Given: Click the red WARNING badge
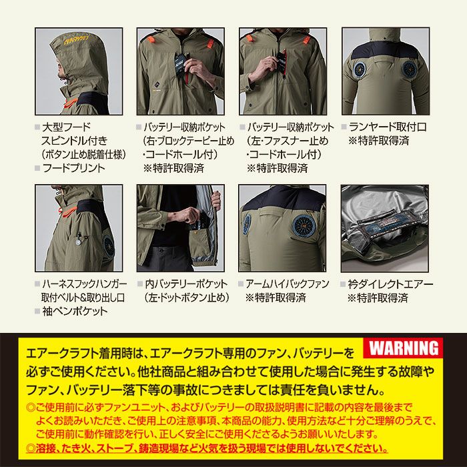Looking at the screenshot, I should click(x=404, y=348).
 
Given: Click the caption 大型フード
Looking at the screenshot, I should click(x=66, y=127).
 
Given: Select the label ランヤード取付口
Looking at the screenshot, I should click(x=387, y=127).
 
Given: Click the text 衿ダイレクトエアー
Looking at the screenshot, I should click(x=390, y=284).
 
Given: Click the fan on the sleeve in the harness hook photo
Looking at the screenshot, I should click(x=107, y=246).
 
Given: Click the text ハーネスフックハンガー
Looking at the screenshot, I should click(x=84, y=284).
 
